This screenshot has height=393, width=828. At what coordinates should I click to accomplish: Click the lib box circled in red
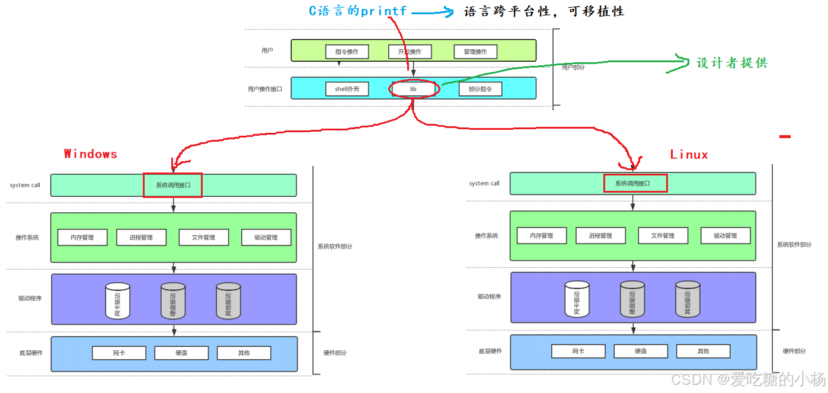point(414,89)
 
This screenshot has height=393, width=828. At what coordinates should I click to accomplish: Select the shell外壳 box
point(347,89)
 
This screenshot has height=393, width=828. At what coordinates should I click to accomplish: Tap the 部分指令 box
point(480,89)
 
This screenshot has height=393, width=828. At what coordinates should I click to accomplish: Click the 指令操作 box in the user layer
point(347,52)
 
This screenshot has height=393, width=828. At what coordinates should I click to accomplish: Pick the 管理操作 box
point(475,52)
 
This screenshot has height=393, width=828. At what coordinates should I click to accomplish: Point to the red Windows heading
point(91,154)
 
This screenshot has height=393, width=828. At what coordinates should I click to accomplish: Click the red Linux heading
point(689,155)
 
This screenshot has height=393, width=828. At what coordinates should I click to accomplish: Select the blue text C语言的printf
point(358,11)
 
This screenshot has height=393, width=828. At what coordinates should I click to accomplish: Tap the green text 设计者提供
point(732,63)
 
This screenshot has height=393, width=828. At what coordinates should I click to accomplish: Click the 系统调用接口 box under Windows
point(173,185)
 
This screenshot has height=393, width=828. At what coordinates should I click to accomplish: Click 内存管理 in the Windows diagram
point(82,237)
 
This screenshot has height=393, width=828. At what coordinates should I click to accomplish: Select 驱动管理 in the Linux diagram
point(725,235)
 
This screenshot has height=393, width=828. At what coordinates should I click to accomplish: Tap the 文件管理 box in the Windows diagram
point(204,237)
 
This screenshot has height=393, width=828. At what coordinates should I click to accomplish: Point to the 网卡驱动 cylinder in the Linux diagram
point(577,299)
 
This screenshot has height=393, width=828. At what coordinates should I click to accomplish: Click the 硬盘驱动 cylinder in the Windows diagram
point(173,301)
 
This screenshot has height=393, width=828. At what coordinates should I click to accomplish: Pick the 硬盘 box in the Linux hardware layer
point(641,351)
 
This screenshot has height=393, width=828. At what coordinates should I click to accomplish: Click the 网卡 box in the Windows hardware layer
point(119,353)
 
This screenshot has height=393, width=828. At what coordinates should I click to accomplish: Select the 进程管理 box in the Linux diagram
point(600,235)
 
